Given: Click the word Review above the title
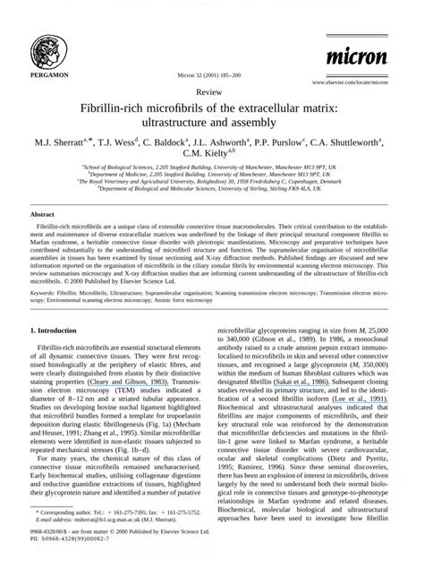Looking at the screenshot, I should click(211, 92).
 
